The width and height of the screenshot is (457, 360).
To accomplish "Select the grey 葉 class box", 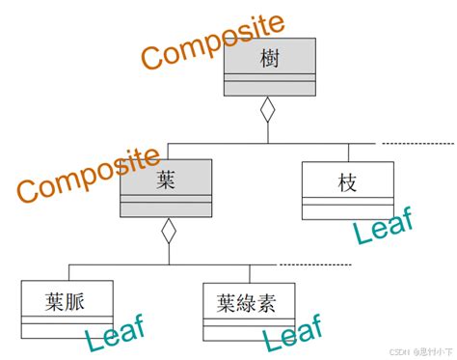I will (x=166, y=189).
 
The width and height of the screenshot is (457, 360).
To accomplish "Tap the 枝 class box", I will (x=347, y=189).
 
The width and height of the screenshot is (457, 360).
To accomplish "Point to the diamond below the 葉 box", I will (x=168, y=231).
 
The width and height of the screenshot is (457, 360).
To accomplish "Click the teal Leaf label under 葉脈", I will (x=114, y=336).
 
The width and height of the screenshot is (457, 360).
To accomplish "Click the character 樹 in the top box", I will (x=269, y=59).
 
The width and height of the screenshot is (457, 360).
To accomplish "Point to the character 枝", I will (x=348, y=180).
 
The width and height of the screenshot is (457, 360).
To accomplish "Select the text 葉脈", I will (x=67, y=301).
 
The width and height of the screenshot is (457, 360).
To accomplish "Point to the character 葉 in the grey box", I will (x=166, y=180).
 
